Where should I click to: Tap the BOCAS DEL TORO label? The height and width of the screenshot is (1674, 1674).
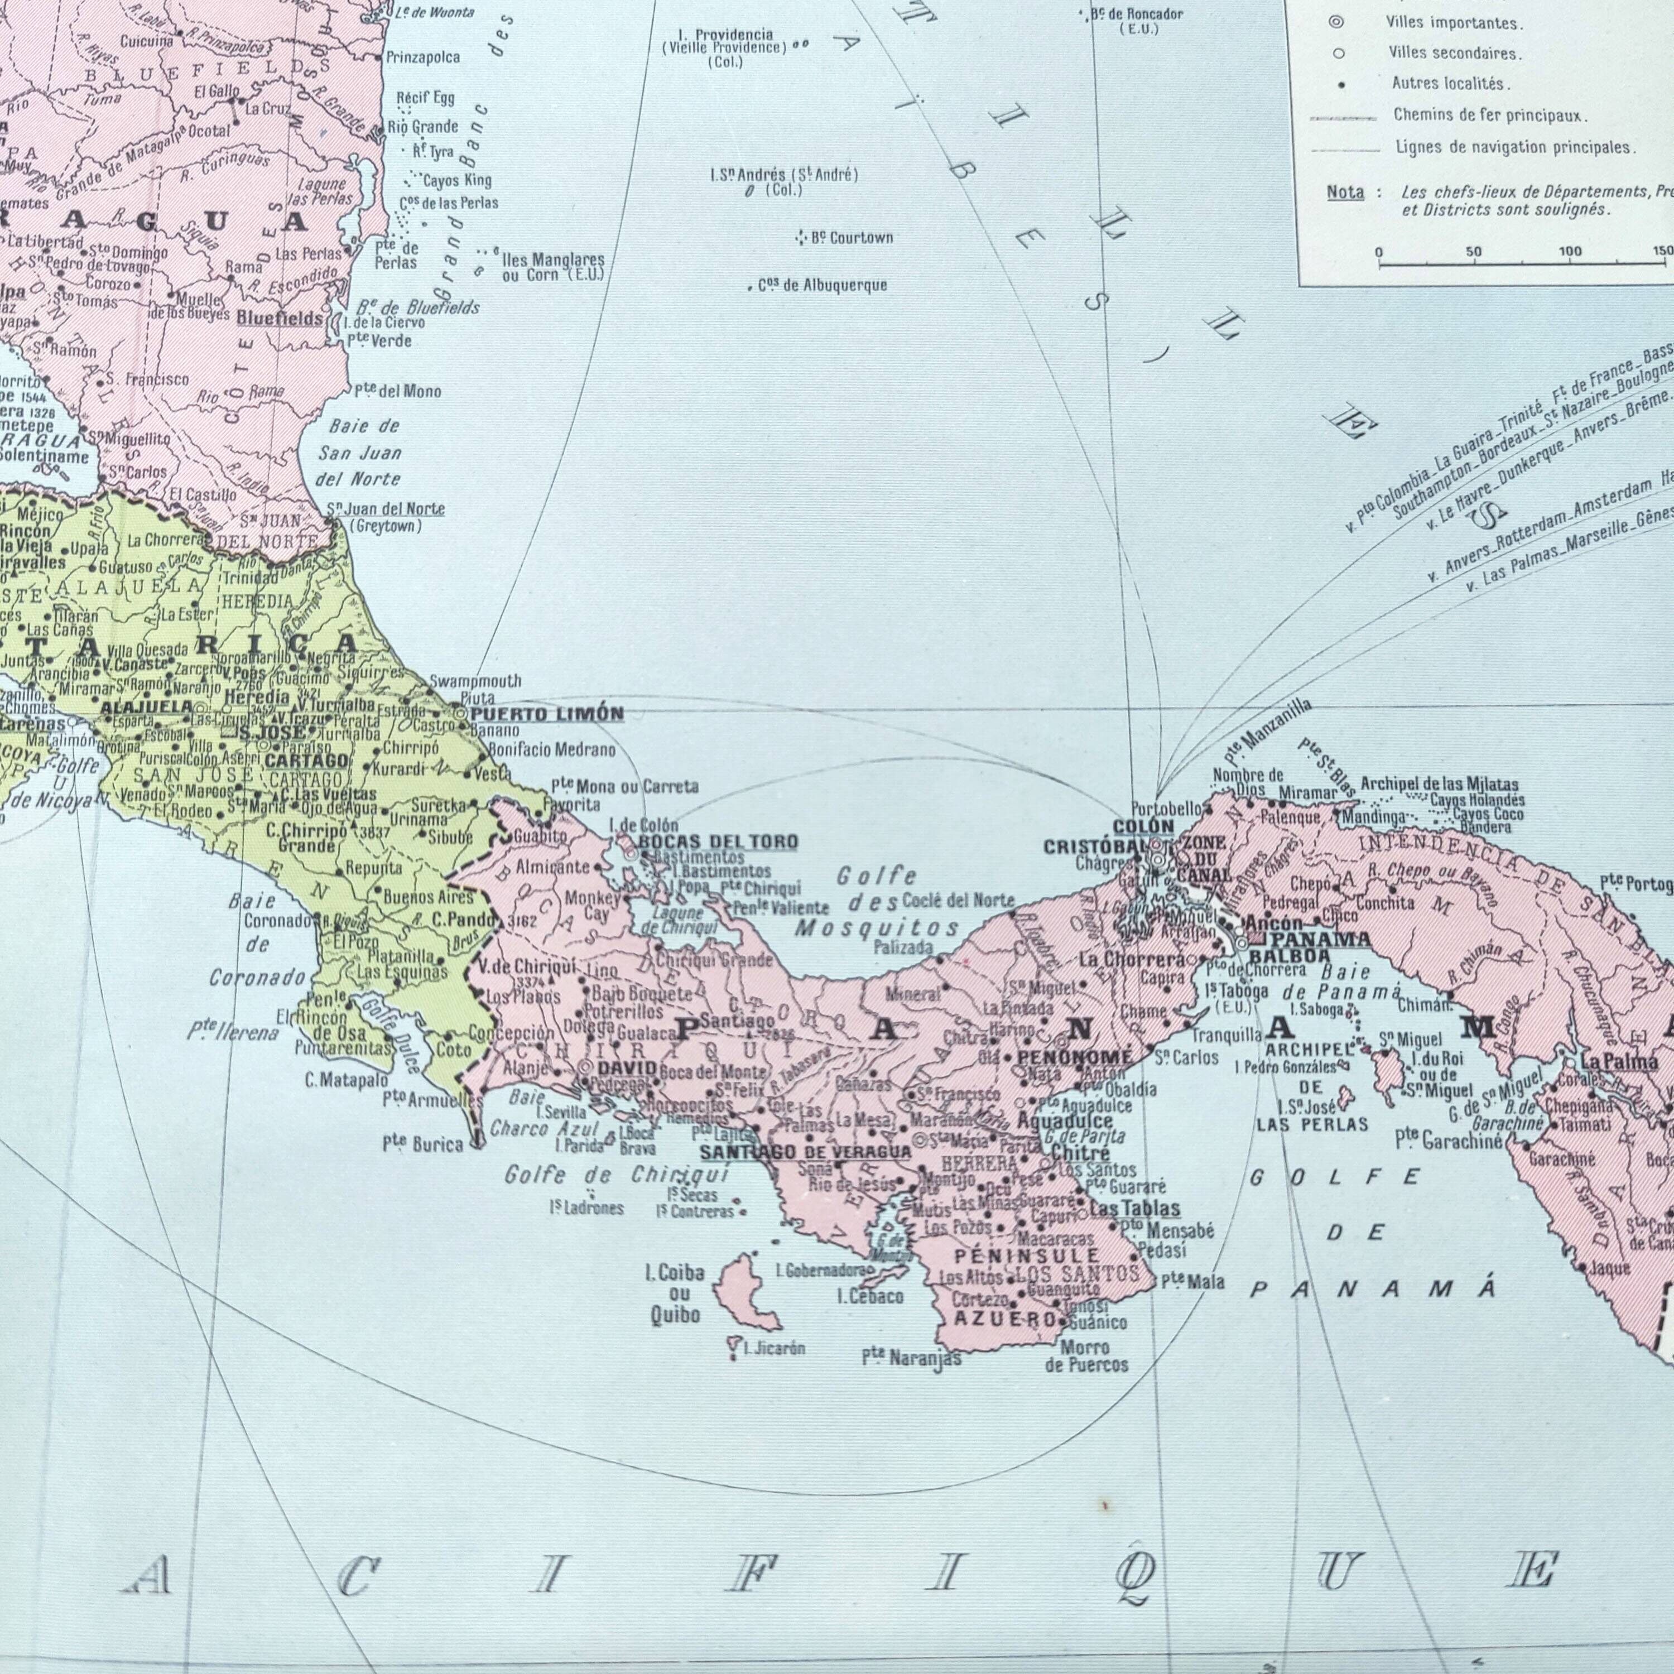tap(718, 841)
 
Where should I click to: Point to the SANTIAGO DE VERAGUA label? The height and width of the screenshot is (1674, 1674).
tap(805, 1152)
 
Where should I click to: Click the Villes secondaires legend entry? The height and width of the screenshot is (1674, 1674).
tap(1455, 54)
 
